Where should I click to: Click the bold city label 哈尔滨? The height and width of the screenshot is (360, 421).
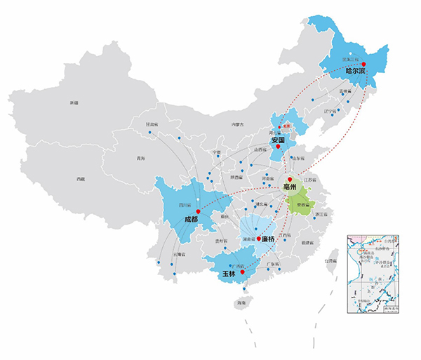(356, 71)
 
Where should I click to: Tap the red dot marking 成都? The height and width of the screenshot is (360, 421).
(199, 211)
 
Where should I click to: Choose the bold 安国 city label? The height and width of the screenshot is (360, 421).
(278, 140)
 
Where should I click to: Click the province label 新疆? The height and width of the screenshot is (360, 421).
(74, 103)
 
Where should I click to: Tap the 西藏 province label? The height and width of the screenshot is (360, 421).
(81, 179)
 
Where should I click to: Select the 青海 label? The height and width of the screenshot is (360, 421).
(142, 159)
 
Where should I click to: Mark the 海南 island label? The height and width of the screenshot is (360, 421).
(242, 302)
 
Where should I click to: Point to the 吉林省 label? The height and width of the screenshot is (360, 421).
(344, 91)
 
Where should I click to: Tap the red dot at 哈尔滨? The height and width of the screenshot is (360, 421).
(363, 65)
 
